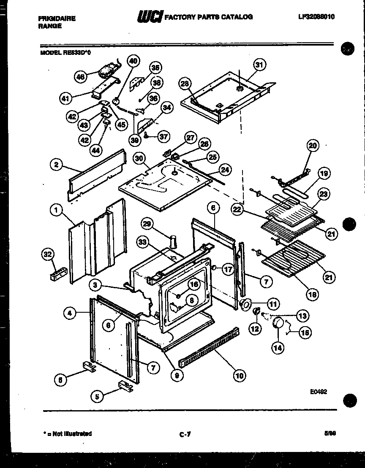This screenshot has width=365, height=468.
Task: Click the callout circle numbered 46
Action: point(80,76)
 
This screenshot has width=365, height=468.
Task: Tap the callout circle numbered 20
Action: point(313,146)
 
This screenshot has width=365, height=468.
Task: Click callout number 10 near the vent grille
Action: point(239,375)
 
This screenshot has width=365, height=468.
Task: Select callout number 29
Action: point(148,224)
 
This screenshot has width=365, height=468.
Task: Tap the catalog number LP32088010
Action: point(319,17)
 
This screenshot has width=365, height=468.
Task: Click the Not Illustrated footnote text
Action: point(68,433)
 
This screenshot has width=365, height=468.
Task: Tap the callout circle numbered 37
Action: point(163,136)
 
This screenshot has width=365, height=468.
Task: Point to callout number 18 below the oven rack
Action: point(313,294)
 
